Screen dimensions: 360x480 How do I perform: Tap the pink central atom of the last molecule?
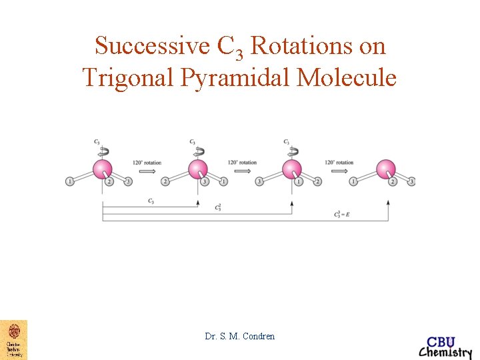386,169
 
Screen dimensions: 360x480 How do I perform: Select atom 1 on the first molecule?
69,181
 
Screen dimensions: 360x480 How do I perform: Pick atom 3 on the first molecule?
128,181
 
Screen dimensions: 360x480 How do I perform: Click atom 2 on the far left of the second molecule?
165,181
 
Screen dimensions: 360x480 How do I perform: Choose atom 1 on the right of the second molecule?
224,181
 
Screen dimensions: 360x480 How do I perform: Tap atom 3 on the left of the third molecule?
260,181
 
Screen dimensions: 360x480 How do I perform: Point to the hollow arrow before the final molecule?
339,171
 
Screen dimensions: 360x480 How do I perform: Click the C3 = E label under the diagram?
342,215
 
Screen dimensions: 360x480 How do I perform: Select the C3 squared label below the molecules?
218,208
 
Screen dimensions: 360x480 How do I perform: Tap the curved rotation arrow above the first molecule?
102,151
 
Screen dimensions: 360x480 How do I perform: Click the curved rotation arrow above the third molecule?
291,151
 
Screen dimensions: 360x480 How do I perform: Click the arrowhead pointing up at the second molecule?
197,200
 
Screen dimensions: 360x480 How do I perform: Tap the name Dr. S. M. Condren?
240,336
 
